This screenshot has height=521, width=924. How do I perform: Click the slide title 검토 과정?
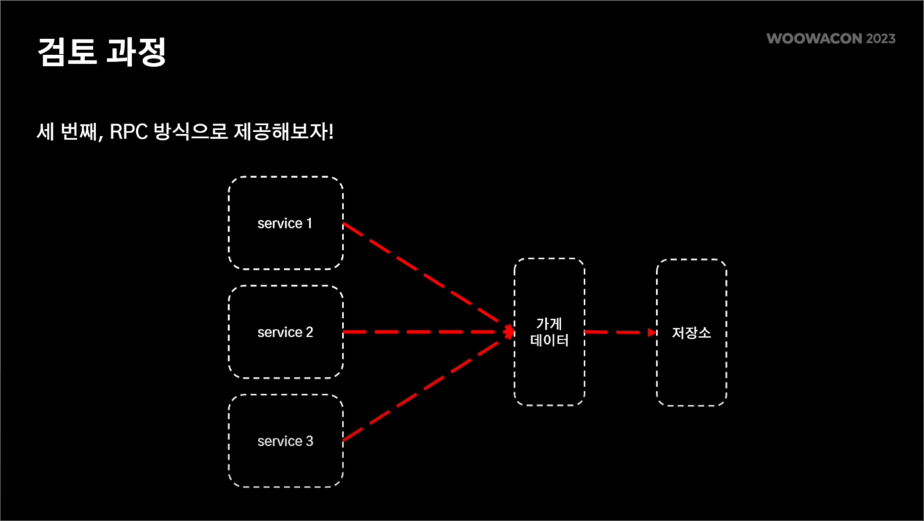(101, 51)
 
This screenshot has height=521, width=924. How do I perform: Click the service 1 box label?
(285, 224)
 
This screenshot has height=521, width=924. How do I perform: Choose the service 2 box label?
(285, 332)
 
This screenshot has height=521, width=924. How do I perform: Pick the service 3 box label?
(285, 441)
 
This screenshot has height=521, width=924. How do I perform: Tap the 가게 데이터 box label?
(549, 332)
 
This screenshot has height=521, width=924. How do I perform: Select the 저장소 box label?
(691, 333)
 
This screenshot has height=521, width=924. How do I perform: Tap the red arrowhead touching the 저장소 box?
(652, 332)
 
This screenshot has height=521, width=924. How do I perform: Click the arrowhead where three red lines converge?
(508, 332)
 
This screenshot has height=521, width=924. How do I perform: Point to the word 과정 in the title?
(136, 51)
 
